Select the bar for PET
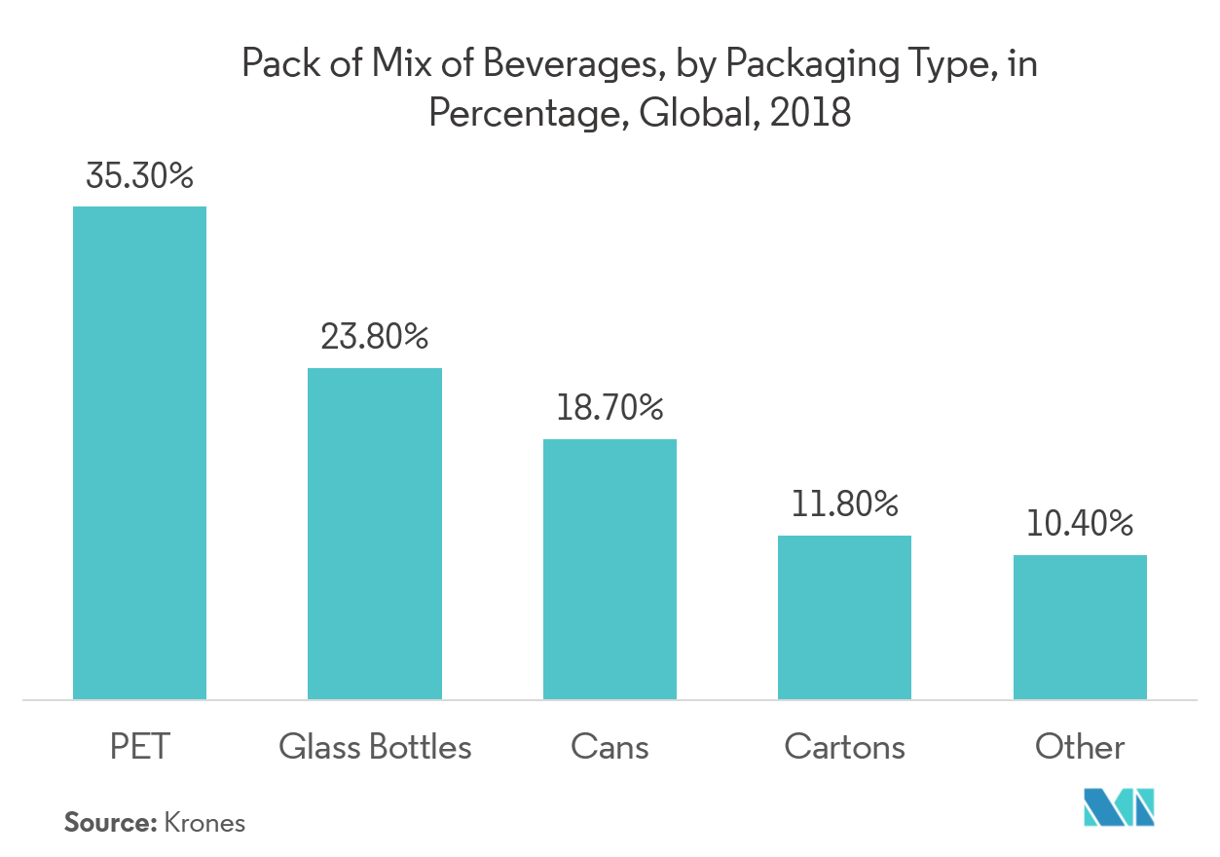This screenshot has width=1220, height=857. pos(139,453)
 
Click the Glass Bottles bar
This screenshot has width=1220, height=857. pos(375,534)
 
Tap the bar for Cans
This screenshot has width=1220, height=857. pos(610,569)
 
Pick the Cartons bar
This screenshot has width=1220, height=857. pos(844,617)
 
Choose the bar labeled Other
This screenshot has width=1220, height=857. pos(1080,627)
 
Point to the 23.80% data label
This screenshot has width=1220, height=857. pos(375,337)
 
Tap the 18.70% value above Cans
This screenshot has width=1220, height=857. pos(610,408)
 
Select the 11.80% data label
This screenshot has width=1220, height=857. pos(844,503)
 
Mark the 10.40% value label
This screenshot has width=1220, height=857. pos(1080,524)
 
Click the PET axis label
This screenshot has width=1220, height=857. pos(139,747)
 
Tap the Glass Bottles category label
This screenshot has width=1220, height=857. pos(375,747)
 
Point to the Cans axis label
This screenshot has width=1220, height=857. pos(610,747)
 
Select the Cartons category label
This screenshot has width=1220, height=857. pos(844,747)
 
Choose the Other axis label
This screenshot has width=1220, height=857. pos(1080,747)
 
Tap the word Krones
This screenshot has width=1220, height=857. pos(204,823)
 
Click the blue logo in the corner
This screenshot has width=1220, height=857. pos(1120,806)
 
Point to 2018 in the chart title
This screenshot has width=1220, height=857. pos(809,114)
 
